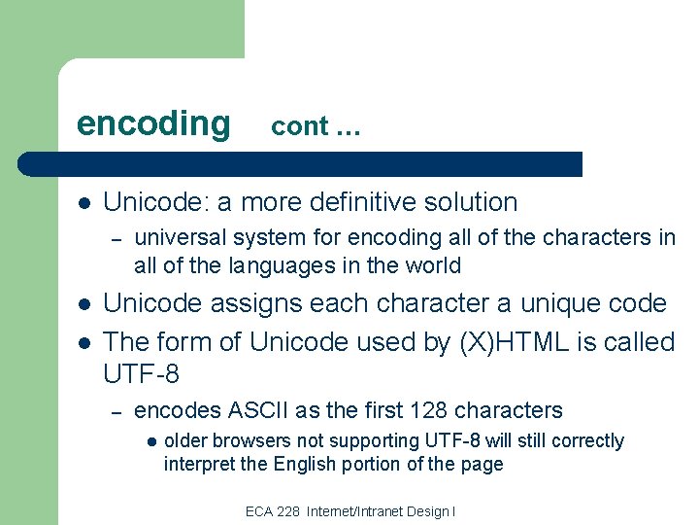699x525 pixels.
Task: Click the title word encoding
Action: pos(153,124)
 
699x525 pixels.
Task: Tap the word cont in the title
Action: pos(299,126)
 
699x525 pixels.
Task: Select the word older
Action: pos(185,440)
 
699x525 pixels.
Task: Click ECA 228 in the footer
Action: pos(274,511)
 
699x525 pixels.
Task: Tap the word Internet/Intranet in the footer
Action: pos(353,511)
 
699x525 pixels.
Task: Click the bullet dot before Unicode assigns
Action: pos(84,304)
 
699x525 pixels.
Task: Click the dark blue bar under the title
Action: pos(301,163)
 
